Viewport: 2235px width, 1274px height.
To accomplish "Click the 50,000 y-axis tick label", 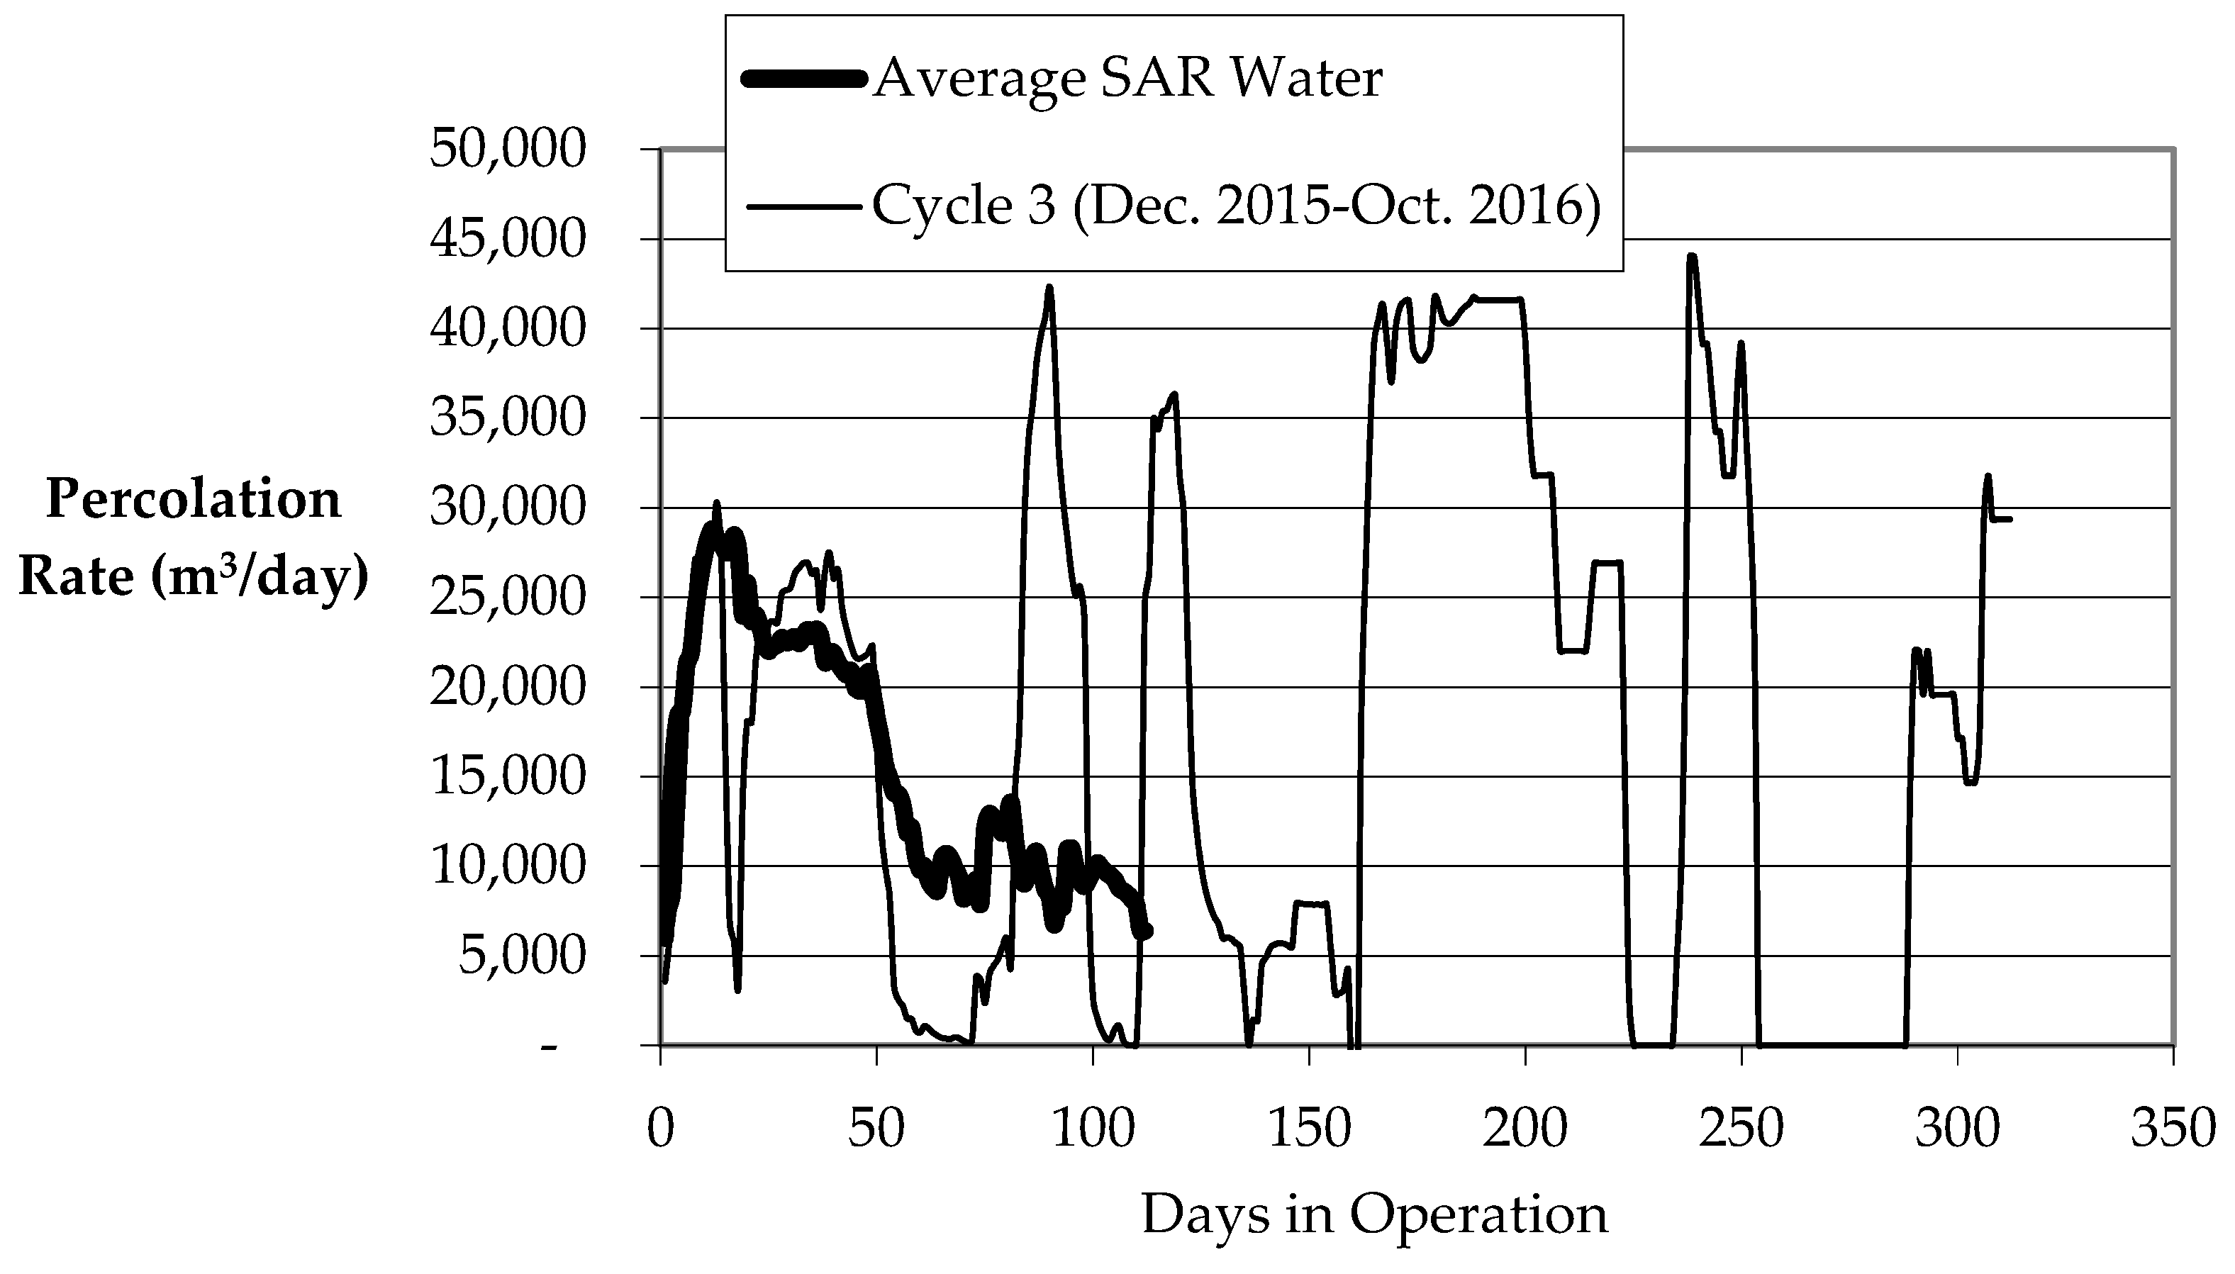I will (x=507, y=150).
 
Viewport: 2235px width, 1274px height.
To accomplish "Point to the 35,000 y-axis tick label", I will (x=507, y=418).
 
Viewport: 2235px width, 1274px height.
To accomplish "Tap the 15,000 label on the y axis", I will (x=507, y=776).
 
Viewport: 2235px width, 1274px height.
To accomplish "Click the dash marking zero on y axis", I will (x=549, y=1046).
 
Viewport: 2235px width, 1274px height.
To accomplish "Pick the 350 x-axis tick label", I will (x=2173, y=1128).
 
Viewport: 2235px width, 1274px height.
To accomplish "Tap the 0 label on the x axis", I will (x=661, y=1128).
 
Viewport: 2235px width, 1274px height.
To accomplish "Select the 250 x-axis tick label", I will (x=1741, y=1128).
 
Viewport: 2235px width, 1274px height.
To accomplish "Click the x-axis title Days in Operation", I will (x=1374, y=1214).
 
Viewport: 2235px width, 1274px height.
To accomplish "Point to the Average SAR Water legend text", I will (x=1127, y=78).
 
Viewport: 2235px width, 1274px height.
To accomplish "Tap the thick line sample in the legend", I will (x=801, y=79).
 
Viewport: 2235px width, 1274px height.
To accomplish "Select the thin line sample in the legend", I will (x=801, y=208).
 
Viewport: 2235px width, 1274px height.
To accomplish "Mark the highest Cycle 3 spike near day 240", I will (x=1692, y=257).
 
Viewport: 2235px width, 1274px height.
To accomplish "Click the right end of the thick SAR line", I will (x=1147, y=932).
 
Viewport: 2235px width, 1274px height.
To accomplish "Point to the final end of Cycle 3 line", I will (x=2010, y=520).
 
